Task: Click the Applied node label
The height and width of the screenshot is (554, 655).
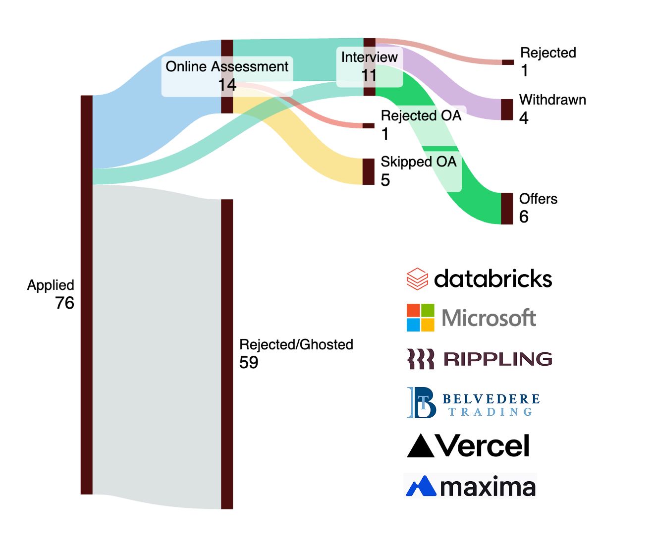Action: tap(51, 285)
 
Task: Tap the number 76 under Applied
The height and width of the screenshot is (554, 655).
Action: tap(64, 303)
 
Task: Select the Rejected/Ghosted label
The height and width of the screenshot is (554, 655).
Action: tap(296, 344)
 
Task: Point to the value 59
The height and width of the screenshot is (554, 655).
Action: tap(249, 362)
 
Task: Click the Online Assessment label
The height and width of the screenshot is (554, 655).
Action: tap(227, 66)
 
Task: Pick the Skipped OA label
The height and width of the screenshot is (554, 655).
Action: tap(418, 162)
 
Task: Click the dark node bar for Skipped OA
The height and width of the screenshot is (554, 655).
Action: tap(368, 171)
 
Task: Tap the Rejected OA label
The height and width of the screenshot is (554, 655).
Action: tap(421, 115)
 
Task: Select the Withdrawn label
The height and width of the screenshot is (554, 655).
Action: tap(552, 100)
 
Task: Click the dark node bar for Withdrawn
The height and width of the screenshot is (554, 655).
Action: tap(507, 110)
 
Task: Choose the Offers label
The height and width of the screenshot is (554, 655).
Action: tap(538, 199)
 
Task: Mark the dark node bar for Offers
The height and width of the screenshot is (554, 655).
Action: tap(507, 209)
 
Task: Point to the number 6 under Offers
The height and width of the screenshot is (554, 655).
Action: tap(524, 217)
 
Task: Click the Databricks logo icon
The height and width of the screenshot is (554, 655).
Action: tap(417, 278)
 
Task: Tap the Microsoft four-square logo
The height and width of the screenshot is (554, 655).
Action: tap(420, 318)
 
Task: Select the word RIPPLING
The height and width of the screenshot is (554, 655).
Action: tap(497, 359)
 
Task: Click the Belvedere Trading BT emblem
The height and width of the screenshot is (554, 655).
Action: tap(421, 402)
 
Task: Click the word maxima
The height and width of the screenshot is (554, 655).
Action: tap(488, 487)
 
